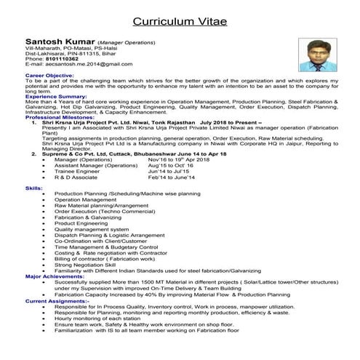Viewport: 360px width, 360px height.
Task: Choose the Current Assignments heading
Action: [58, 300]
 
